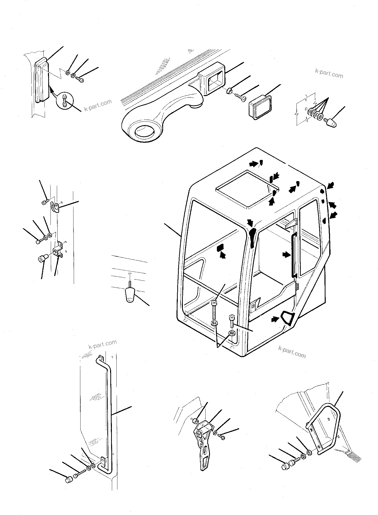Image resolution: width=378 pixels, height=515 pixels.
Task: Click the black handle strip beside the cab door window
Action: (294, 255)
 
